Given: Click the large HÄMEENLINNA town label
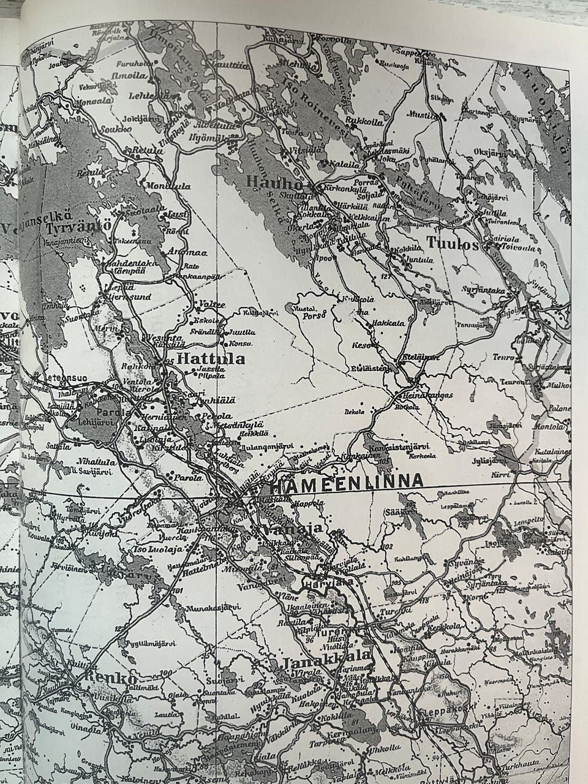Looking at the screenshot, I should coord(346,481).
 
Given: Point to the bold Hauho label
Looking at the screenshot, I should coord(274,182).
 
